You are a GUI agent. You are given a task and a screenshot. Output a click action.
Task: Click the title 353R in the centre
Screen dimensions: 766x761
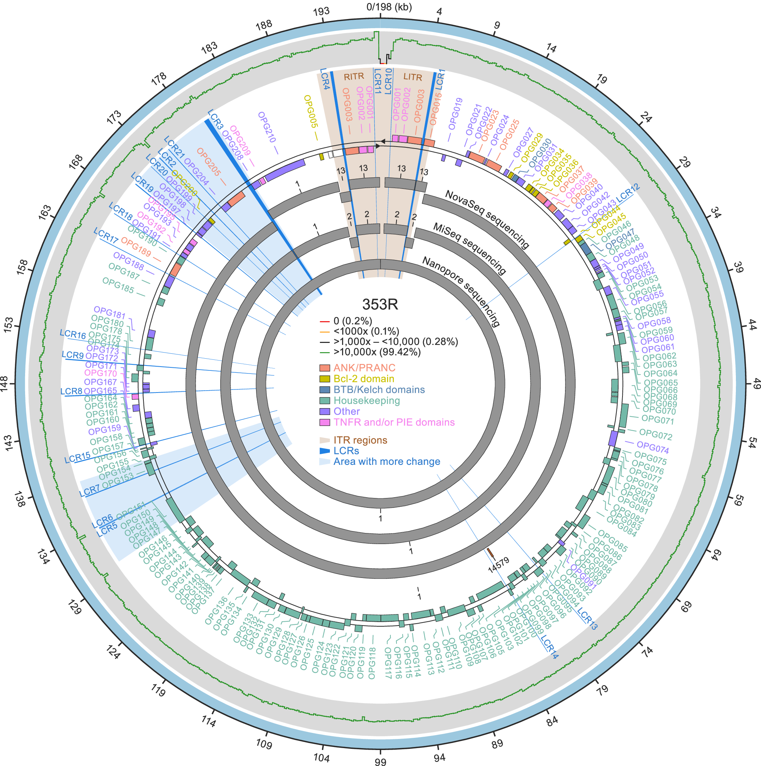[x=380, y=305]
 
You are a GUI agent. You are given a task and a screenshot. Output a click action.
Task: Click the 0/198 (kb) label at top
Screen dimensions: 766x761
[x=389, y=7]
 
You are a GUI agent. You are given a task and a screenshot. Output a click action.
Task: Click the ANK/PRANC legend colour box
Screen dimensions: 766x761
[x=325, y=368]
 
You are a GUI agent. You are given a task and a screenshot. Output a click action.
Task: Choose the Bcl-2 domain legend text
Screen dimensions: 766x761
[x=363, y=379]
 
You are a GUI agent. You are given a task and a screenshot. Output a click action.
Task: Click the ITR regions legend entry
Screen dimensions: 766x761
[x=360, y=440]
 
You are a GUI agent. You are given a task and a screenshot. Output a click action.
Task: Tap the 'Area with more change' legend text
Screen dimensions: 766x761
[x=387, y=461]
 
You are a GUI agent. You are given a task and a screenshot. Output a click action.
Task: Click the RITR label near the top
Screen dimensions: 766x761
[x=353, y=77]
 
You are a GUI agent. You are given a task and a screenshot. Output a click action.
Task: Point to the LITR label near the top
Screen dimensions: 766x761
[x=412, y=77]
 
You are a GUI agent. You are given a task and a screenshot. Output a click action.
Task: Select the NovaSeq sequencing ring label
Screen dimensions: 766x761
[x=487, y=219]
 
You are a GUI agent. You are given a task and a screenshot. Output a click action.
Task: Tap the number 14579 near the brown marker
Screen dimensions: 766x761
[x=498, y=565]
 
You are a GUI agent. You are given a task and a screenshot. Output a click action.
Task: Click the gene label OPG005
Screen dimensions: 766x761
[x=311, y=112]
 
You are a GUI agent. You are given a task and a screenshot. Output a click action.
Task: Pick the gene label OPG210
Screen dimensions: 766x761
[x=267, y=127]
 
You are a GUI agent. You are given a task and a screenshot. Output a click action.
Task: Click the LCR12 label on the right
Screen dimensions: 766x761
[x=627, y=192]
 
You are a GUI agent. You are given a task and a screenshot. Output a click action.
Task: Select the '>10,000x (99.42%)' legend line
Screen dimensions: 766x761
[x=377, y=352]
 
